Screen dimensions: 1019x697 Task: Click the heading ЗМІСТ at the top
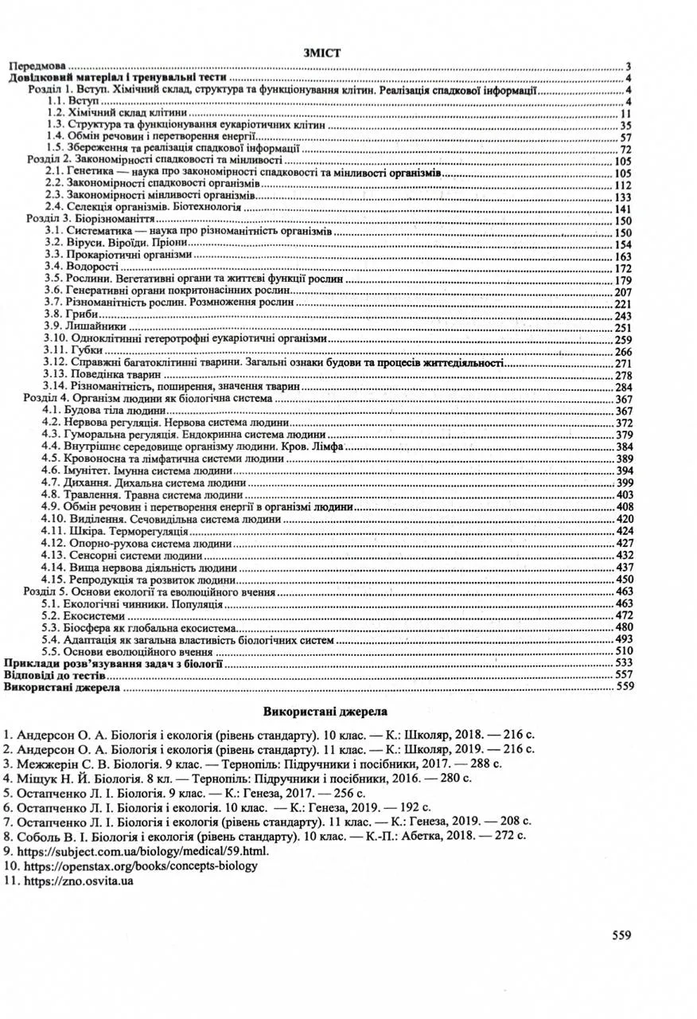coord(322,53)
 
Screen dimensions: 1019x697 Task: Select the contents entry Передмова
coord(37,66)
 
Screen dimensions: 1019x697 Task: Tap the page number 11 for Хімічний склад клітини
coord(625,113)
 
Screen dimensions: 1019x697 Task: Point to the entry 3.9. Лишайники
coord(78,327)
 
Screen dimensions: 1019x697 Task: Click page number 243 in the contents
coord(623,316)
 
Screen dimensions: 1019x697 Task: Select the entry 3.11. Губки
coord(70,350)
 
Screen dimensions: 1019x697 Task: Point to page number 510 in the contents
coord(623,651)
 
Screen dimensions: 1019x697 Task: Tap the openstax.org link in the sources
coord(135,865)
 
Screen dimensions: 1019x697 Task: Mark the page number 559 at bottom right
coord(622,935)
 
